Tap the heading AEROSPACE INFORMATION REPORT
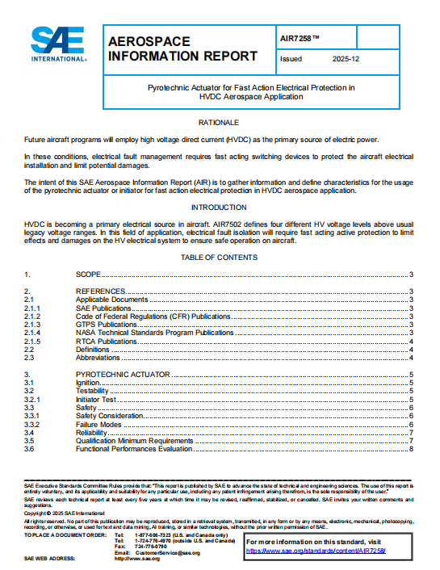182,48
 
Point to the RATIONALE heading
219,123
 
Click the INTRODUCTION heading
219,207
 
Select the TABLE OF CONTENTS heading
219,258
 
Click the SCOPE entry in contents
89,275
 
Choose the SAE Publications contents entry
102,308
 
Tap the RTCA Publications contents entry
107,341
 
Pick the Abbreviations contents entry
98,357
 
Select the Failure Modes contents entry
98,425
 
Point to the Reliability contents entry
91,433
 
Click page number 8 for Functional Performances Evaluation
411,449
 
